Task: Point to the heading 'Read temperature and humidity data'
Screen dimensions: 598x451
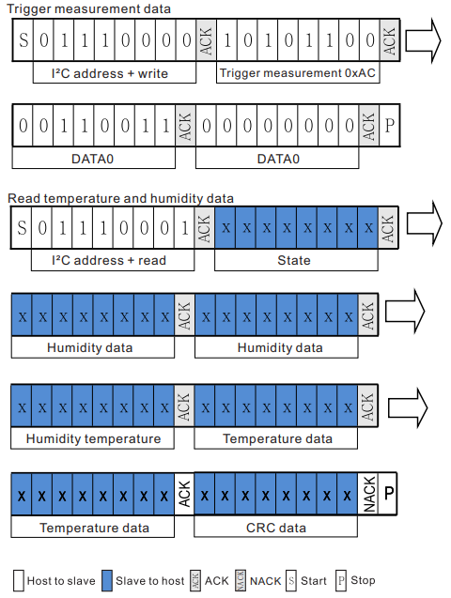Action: (x=120, y=198)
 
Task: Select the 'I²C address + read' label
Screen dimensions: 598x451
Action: (x=104, y=260)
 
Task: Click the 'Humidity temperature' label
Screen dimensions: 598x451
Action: (x=93, y=438)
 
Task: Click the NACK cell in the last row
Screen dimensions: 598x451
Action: (x=369, y=494)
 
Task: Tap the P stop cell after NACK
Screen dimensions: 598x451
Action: (x=389, y=494)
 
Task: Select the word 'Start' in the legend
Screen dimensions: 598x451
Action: (x=314, y=581)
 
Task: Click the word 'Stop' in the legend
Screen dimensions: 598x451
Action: (x=363, y=581)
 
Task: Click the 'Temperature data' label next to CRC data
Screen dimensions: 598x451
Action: (x=93, y=528)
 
